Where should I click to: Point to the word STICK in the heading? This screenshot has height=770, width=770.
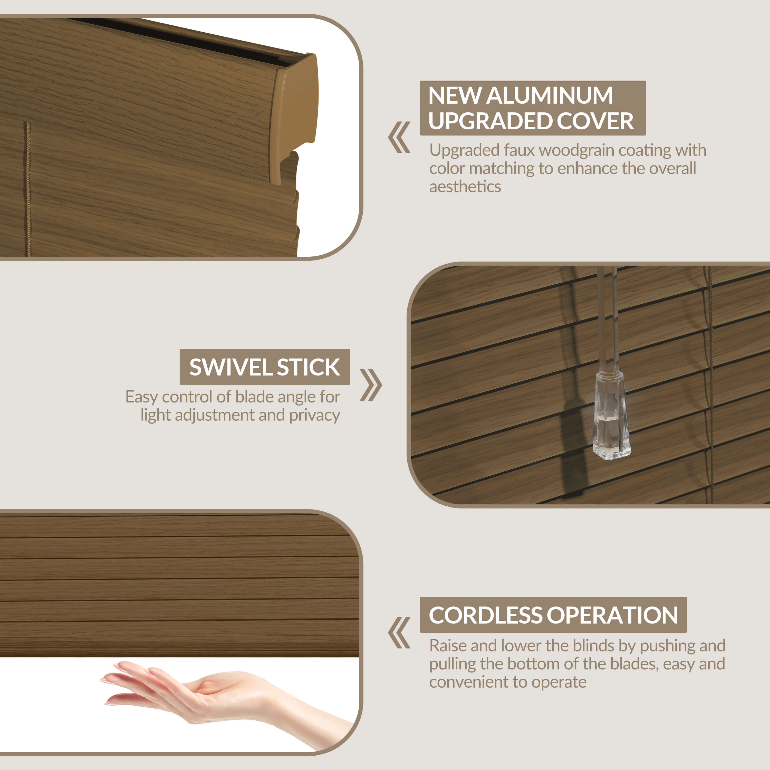point(308,367)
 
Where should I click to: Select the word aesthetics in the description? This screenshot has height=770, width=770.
point(465,187)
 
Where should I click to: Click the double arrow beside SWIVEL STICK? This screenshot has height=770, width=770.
point(371,384)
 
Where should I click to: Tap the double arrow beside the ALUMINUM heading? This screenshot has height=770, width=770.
point(399,138)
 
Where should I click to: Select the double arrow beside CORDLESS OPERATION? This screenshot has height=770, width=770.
point(399,632)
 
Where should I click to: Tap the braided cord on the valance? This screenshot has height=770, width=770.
point(28,189)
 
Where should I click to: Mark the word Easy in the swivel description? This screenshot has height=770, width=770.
point(141,397)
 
